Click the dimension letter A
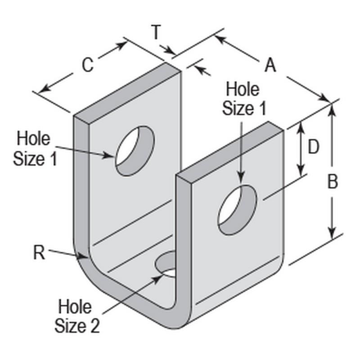click(x=270, y=66)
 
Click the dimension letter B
click(x=332, y=182)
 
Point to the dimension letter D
click(x=313, y=147)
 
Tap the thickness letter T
click(x=156, y=33)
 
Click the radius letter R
click(x=39, y=253)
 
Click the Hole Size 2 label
click(x=76, y=317)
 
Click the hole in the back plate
click(x=135, y=151)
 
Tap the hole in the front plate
click(x=238, y=209)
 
